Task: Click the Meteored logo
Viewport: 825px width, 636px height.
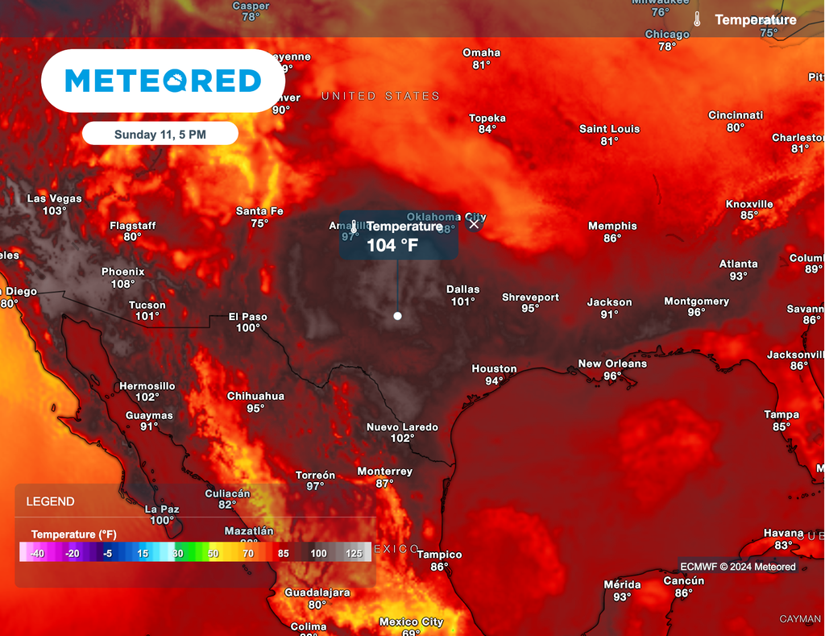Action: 163,81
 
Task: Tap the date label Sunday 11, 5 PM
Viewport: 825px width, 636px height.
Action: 160,135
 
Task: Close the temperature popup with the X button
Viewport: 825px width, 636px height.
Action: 474,224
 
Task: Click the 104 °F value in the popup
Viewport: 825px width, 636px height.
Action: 392,246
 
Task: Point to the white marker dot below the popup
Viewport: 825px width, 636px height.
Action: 397,316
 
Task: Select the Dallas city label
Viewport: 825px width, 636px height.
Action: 462,289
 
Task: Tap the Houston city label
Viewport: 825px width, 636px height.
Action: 494,369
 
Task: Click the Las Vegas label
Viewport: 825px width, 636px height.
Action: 55,198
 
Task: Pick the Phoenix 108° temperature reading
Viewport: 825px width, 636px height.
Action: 122,284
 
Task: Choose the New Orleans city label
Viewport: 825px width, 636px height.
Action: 612,364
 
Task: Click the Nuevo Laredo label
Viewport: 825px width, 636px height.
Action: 402,427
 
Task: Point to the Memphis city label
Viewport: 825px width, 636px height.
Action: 612,227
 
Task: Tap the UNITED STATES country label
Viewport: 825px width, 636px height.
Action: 380,96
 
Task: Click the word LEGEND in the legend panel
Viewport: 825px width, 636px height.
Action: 50,501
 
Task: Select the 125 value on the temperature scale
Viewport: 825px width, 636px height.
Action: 354,554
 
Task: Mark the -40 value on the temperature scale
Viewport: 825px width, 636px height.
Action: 37,554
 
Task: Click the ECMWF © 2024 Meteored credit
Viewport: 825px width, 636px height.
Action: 737,567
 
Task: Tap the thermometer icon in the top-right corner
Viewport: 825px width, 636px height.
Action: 698,19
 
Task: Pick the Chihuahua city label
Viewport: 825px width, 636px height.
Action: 255,397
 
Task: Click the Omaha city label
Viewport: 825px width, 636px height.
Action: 481,53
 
